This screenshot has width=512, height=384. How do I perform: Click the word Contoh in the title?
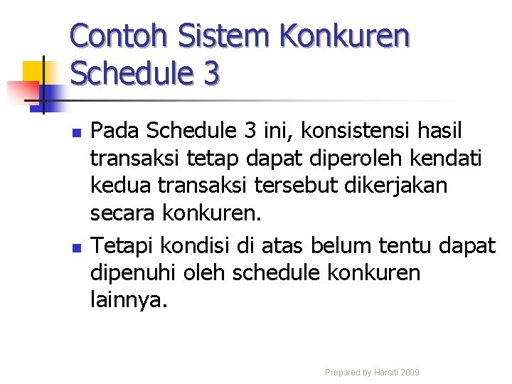[117, 36]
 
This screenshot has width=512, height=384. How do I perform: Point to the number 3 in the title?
[209, 73]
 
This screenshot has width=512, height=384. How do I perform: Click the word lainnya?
[129, 300]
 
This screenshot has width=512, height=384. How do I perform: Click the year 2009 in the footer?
[410, 373]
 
